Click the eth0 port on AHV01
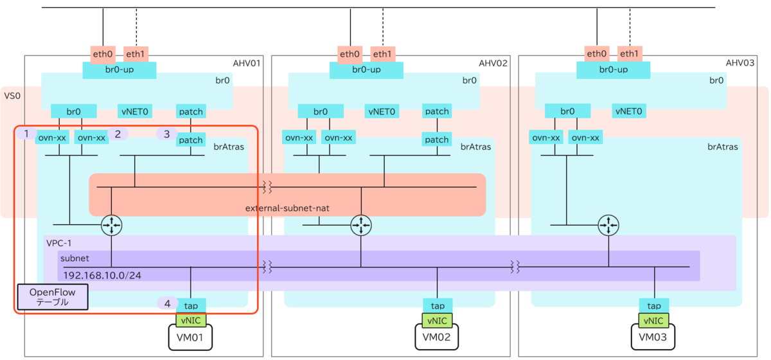coord(103,54)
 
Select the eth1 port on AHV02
coord(383,54)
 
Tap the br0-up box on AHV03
coord(614,70)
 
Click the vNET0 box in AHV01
coord(135,111)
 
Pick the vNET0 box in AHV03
coord(629,111)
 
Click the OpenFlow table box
coord(53,297)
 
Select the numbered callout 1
coord(26,133)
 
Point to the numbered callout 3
coord(167,134)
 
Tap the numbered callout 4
coord(168,303)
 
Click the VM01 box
coord(190,337)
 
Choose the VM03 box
coord(653,337)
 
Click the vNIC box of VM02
coord(437,321)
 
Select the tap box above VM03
coord(654,305)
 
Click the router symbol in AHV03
coord(608,225)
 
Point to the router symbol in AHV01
coord(112,225)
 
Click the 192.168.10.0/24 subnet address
coord(102,276)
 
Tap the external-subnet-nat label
coord(287,208)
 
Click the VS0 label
coord(12,96)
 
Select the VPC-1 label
coord(59,243)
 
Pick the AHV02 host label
coord(493,64)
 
